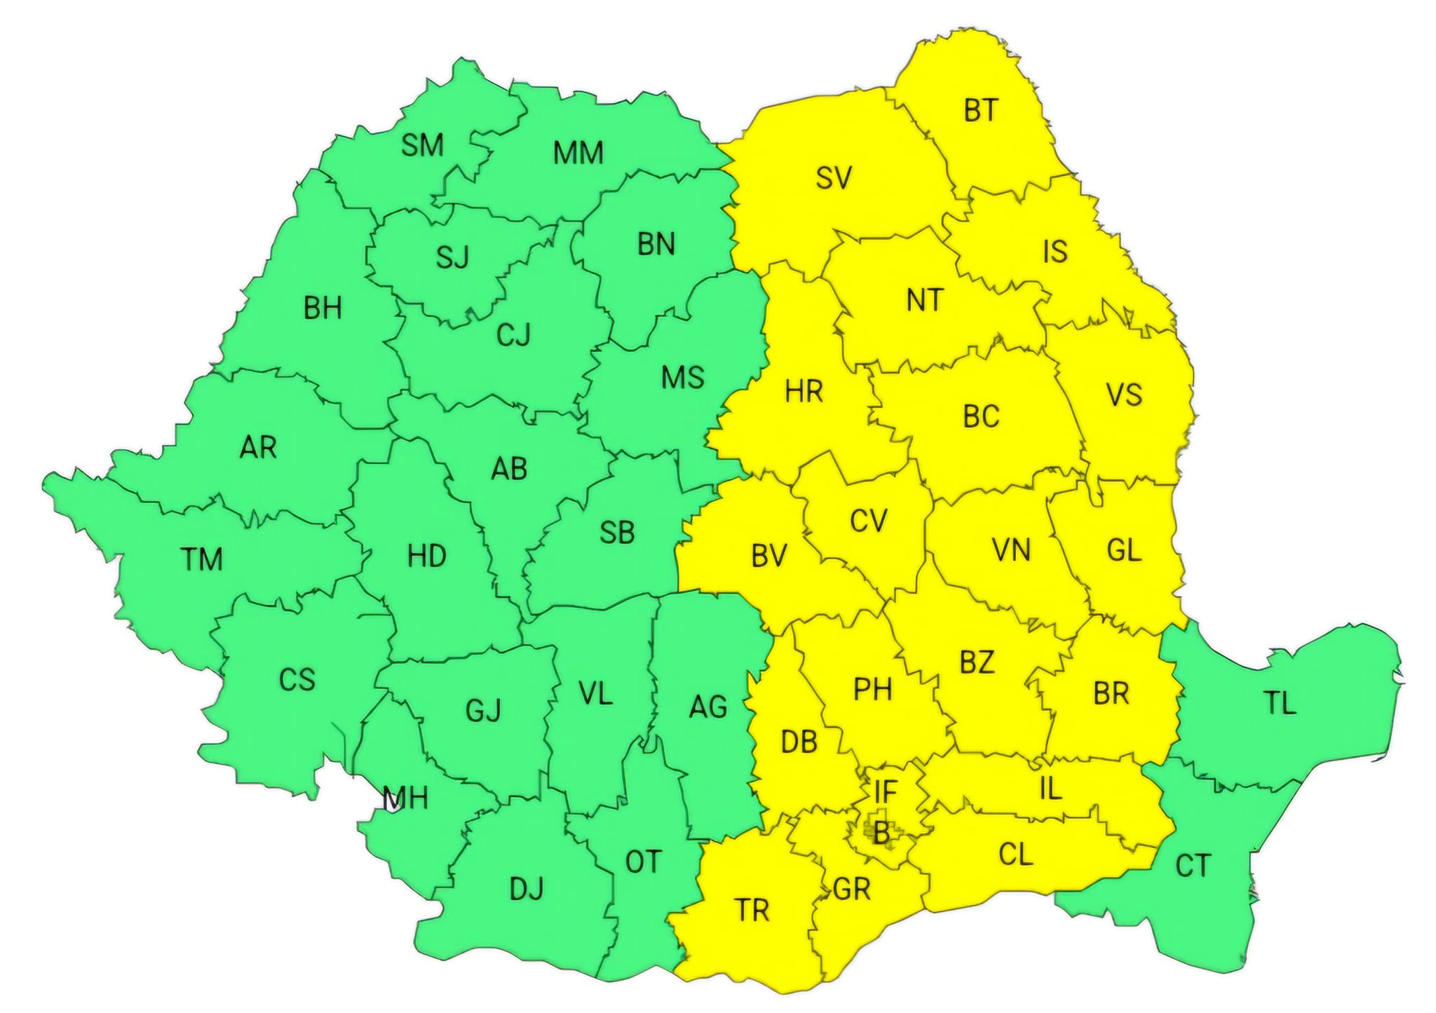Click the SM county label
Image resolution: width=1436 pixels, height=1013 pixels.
click(422, 145)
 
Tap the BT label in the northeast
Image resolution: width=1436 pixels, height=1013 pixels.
click(980, 110)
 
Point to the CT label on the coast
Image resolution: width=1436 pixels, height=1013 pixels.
click(1192, 866)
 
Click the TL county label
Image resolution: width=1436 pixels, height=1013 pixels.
click(1280, 702)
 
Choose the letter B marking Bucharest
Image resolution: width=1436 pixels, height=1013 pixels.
click(881, 833)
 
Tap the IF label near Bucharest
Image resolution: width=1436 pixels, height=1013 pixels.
click(886, 792)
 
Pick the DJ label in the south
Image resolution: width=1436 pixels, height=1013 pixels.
click(526, 889)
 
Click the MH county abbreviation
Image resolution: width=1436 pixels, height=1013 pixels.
click(405, 798)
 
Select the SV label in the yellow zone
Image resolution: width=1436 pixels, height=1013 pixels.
click(834, 178)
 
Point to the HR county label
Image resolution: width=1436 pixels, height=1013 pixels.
click(804, 391)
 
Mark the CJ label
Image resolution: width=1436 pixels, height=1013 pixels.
click(513, 336)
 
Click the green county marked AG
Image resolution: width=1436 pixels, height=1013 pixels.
click(707, 706)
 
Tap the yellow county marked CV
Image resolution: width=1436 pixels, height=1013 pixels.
click(868, 521)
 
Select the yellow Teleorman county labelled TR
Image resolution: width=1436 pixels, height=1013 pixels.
click(752, 910)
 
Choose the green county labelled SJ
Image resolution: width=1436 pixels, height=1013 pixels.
click(452, 258)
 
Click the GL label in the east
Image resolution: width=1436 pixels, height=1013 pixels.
click(1123, 550)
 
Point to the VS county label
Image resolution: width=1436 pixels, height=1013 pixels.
click(1124, 395)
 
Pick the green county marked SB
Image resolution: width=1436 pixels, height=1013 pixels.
click(617, 533)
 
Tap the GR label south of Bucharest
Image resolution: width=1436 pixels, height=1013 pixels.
click(852, 889)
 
